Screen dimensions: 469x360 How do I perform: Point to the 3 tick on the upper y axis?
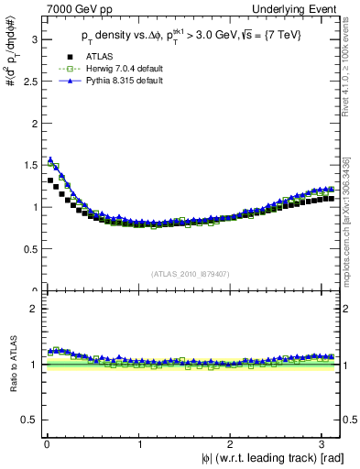32,39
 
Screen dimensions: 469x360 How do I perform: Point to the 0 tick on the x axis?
46,444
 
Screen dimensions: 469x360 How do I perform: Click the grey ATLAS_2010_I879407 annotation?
191,273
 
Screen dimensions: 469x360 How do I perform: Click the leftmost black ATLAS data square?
50,180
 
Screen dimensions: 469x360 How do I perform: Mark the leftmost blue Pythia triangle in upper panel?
50,159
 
